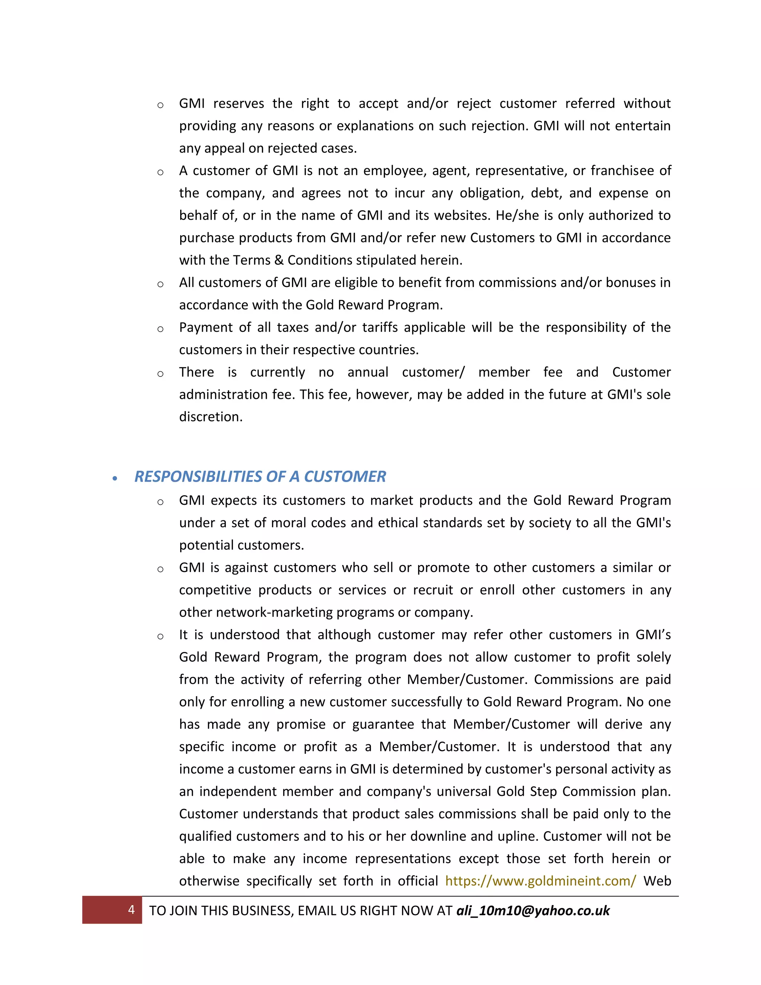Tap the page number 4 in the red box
(x=131, y=910)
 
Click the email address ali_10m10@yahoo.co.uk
(x=533, y=911)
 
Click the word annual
(x=367, y=372)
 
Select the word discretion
(x=211, y=417)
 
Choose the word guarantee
(x=383, y=724)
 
